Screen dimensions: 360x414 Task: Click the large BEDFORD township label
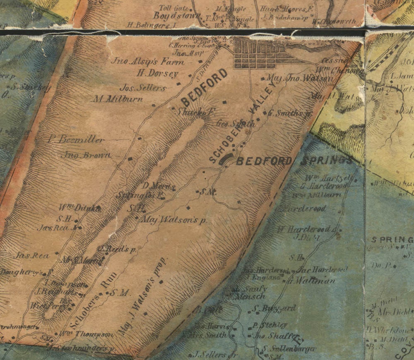click(x=205, y=87)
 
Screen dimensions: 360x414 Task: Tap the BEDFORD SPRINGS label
click(x=294, y=161)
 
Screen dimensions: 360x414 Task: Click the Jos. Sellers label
click(x=143, y=88)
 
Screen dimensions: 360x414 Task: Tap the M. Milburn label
click(x=118, y=99)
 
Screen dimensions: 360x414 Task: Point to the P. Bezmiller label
click(x=76, y=140)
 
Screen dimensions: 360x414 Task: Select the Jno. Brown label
click(x=86, y=155)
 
